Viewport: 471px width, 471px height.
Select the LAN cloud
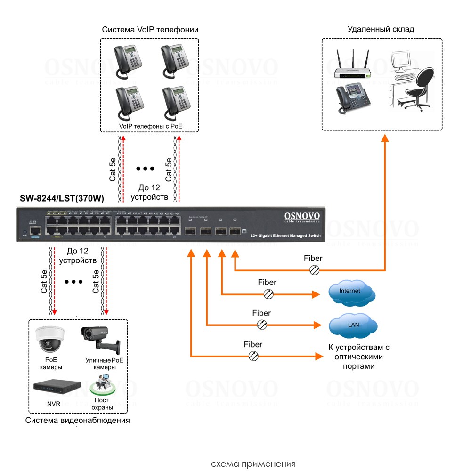click(353, 325)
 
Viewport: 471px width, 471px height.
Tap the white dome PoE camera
click(49, 339)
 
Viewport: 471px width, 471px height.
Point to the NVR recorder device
click(55, 386)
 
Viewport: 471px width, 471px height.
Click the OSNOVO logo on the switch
click(302, 217)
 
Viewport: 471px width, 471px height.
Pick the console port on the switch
click(35, 231)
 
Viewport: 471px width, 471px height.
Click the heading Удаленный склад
click(381, 29)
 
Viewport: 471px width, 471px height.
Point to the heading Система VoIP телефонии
click(150, 30)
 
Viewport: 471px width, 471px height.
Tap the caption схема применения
click(253, 464)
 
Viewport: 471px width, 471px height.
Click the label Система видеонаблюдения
click(78, 421)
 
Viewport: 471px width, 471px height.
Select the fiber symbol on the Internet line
click(268, 294)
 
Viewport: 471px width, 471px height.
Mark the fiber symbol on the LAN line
click(262, 325)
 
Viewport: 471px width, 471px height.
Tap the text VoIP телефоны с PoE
click(151, 126)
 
